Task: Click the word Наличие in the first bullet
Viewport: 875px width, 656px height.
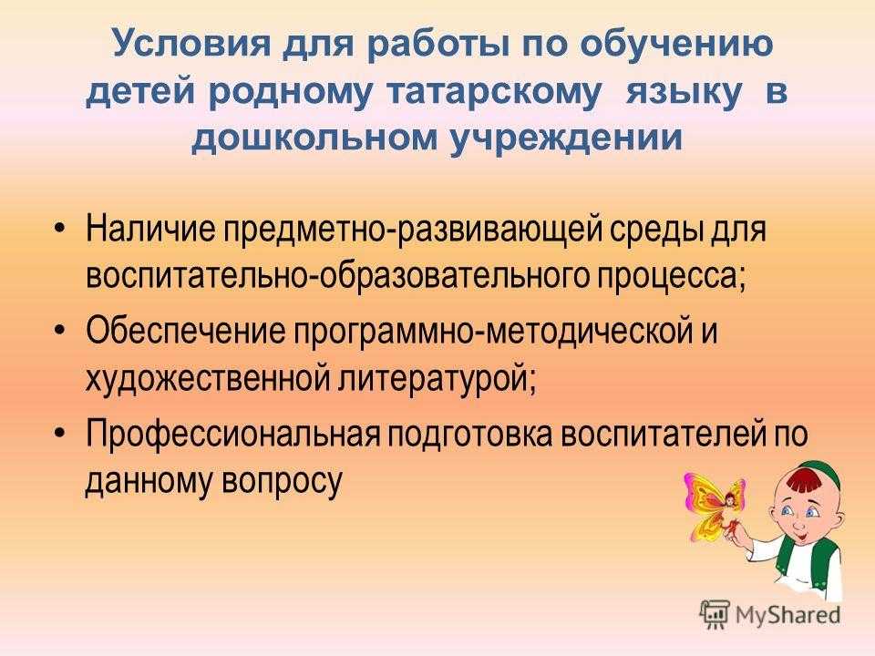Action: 149,229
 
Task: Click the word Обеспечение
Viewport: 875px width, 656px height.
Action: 185,331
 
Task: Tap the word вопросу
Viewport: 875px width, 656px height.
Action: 282,482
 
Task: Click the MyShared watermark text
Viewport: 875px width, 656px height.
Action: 787,615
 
